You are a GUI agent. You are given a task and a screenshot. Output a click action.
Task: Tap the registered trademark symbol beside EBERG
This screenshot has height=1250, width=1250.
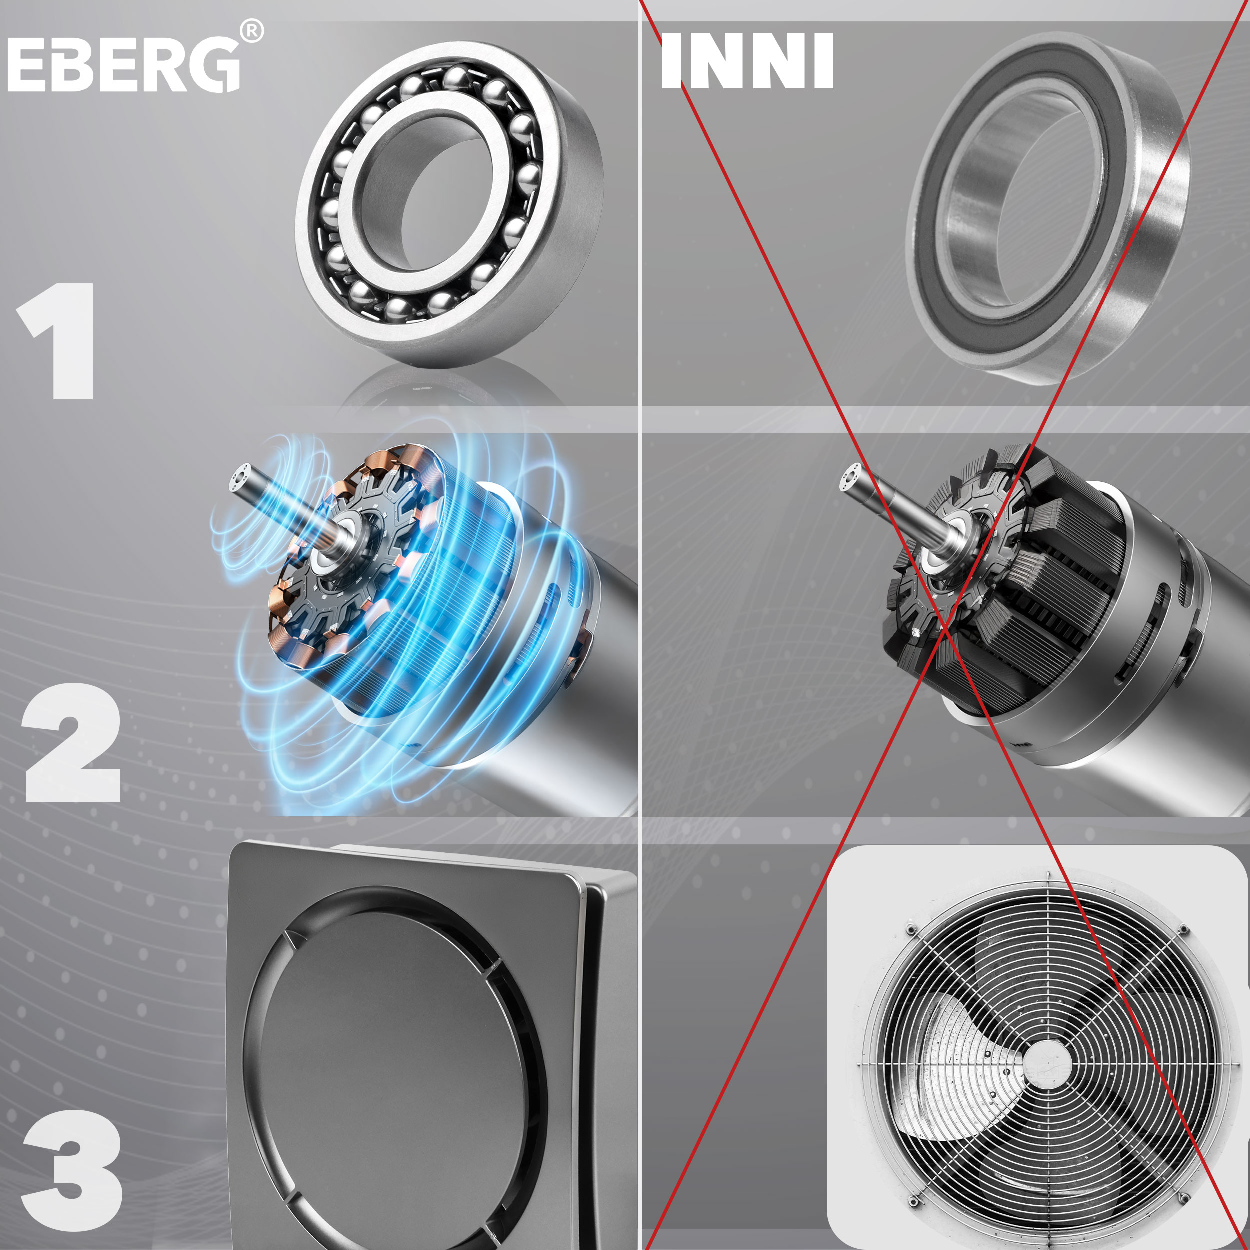(251, 31)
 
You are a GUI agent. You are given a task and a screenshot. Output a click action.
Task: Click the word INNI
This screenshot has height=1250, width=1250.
(747, 61)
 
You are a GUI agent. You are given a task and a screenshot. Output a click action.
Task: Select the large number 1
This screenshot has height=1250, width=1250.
(58, 341)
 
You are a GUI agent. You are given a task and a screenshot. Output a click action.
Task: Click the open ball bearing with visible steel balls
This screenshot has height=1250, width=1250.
(449, 204)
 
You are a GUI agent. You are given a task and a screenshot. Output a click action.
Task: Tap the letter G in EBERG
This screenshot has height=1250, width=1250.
(214, 64)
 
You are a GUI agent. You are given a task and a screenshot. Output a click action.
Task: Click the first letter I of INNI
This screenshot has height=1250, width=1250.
(671, 61)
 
